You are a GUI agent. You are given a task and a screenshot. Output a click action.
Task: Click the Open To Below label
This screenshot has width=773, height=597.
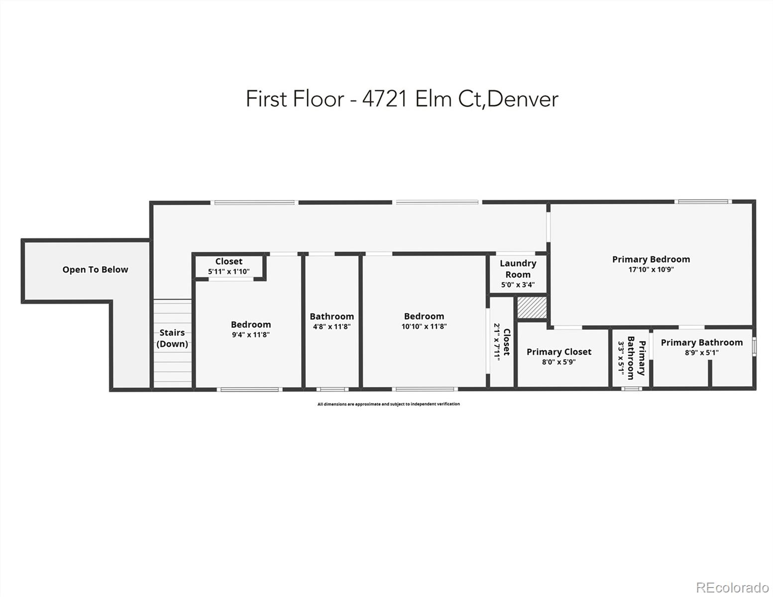coord(95,270)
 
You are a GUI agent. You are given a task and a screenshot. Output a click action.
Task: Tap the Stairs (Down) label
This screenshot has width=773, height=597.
coord(172,338)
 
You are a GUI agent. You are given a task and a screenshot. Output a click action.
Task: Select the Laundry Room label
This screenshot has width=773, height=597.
coord(518,269)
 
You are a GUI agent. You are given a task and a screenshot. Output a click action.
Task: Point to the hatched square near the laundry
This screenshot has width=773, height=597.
coord(532,308)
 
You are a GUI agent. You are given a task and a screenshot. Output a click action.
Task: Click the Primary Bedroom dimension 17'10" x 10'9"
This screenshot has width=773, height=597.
coord(651,270)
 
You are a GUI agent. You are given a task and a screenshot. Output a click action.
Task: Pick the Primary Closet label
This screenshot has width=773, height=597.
coord(559,352)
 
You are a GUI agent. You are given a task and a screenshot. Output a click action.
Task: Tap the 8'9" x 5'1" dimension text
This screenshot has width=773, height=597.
coord(701,353)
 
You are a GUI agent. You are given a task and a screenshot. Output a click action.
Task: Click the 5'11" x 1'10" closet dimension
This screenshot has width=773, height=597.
coord(228,272)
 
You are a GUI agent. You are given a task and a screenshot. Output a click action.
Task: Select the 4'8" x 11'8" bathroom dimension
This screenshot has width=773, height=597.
coord(331,327)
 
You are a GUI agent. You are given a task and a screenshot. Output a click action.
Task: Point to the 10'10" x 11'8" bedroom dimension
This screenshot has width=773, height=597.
coord(424,327)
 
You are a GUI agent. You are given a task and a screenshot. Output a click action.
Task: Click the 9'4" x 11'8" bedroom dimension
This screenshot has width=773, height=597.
coord(250,335)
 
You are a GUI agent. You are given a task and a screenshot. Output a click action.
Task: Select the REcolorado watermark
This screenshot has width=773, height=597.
coord(732,587)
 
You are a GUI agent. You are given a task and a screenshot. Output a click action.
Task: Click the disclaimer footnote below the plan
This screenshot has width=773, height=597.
coord(388,404)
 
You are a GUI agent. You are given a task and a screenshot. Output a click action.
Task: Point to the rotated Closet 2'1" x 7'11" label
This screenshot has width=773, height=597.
coord(502,342)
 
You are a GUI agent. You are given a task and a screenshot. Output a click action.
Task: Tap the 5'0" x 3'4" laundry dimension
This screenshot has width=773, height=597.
coord(518,285)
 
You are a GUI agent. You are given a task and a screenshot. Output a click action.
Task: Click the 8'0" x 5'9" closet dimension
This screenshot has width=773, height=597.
coord(558,362)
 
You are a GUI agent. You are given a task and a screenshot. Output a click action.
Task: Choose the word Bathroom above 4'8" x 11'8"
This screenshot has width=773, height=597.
coord(331,316)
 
